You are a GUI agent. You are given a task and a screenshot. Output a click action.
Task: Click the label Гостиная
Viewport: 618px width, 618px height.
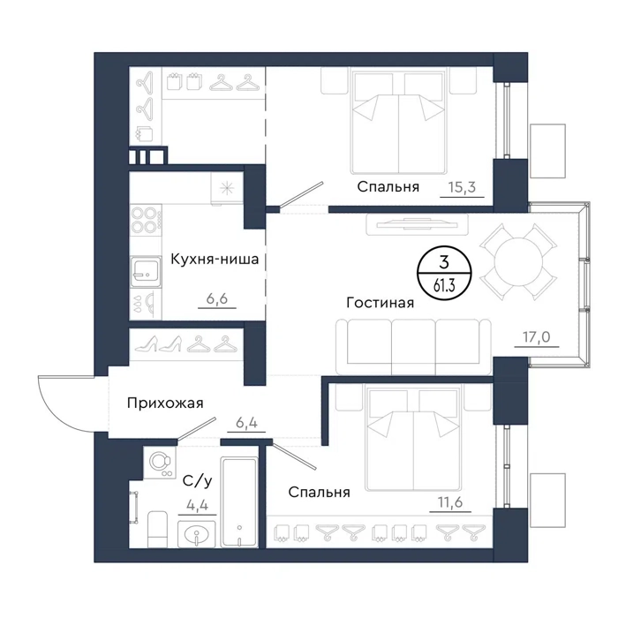380,303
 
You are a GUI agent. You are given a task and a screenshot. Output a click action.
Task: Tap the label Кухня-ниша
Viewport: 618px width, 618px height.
215,260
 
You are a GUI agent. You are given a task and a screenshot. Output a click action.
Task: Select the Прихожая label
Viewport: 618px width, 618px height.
165,403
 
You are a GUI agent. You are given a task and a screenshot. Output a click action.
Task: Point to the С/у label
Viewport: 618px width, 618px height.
198,481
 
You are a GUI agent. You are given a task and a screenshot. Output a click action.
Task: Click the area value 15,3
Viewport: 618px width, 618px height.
462,187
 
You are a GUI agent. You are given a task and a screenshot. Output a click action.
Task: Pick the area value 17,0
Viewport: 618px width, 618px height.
537,337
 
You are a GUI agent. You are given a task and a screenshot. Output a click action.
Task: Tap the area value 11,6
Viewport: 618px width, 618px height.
450,502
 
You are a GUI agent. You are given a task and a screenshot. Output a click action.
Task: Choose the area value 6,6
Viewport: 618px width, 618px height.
217,298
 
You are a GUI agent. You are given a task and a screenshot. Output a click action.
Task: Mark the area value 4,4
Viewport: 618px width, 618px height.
197,505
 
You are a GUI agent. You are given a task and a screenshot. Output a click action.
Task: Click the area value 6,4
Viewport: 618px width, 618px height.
246,423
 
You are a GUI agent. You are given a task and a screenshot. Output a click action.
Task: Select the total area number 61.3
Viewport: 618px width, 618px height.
444,286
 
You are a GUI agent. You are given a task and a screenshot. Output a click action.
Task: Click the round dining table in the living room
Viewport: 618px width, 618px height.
518,262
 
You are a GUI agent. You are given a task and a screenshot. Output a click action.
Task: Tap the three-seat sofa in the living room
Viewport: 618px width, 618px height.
414,347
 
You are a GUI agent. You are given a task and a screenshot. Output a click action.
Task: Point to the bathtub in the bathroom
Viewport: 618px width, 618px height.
239,501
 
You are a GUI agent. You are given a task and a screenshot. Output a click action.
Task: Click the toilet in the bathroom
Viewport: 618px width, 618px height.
157,529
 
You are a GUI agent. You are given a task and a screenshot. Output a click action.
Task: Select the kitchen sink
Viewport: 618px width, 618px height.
146,272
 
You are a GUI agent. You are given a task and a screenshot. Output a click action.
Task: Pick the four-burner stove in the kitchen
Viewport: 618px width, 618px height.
146,220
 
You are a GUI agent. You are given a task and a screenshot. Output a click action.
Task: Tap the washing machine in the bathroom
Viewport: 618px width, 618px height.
160,463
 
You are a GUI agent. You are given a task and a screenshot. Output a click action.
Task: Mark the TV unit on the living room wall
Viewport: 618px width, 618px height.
417,224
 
